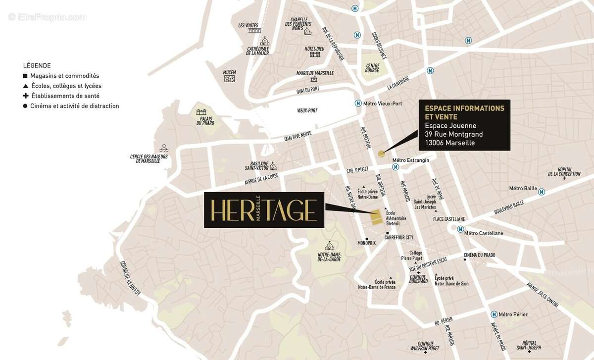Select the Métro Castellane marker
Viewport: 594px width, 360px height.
(x=460, y=229)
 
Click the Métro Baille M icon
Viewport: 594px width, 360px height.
(x=542, y=192)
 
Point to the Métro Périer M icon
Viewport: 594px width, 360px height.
(x=494, y=314)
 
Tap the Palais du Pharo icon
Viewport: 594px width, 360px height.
(x=201, y=112)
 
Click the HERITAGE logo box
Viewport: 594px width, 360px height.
(x=264, y=210)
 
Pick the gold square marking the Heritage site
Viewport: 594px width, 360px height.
(x=377, y=217)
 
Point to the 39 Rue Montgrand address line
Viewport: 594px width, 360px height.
(x=453, y=134)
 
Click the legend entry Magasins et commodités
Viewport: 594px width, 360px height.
(x=64, y=76)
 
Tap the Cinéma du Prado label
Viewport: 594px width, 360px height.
(x=479, y=255)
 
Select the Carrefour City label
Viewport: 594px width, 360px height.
(x=398, y=237)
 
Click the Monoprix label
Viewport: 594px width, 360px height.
(x=367, y=243)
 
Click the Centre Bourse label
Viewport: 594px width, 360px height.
(x=372, y=68)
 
